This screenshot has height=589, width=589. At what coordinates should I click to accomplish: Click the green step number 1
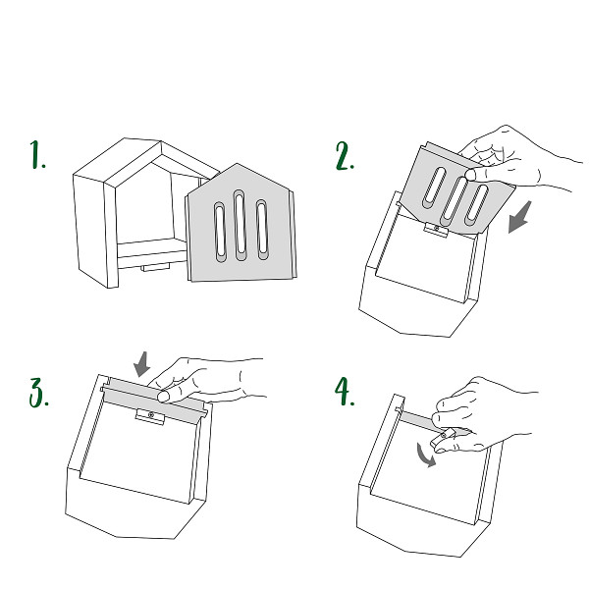pos(37,155)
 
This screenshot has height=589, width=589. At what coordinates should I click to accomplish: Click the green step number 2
pos(345,156)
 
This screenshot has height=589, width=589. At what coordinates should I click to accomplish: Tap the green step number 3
pos(38,393)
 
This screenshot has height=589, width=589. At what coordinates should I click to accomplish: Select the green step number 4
pos(345,392)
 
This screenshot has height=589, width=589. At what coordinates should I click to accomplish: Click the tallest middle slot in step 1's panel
pos(240,226)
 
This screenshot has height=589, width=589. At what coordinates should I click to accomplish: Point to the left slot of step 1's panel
pos(220,232)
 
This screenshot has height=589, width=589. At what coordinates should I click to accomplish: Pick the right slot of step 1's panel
pos(262,230)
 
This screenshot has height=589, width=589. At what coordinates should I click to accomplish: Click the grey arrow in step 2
pos(520,217)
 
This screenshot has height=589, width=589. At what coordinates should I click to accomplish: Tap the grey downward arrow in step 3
pos(142,364)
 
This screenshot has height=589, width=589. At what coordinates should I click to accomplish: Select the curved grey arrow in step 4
pos(424,455)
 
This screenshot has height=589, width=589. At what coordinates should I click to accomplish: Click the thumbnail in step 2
pos(470,174)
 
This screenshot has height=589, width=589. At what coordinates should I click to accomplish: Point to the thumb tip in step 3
pos(163,397)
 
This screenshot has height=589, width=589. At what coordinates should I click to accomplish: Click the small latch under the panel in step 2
pos(436,230)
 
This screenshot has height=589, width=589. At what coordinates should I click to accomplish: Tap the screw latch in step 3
pos(150,416)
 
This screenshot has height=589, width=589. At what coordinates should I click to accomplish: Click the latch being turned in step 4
pos(442,439)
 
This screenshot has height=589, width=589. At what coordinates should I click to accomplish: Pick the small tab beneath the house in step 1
pos(155,267)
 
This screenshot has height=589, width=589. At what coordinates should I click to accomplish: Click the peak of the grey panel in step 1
pos(237,164)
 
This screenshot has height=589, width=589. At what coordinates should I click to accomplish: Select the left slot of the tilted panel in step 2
pos(434,187)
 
